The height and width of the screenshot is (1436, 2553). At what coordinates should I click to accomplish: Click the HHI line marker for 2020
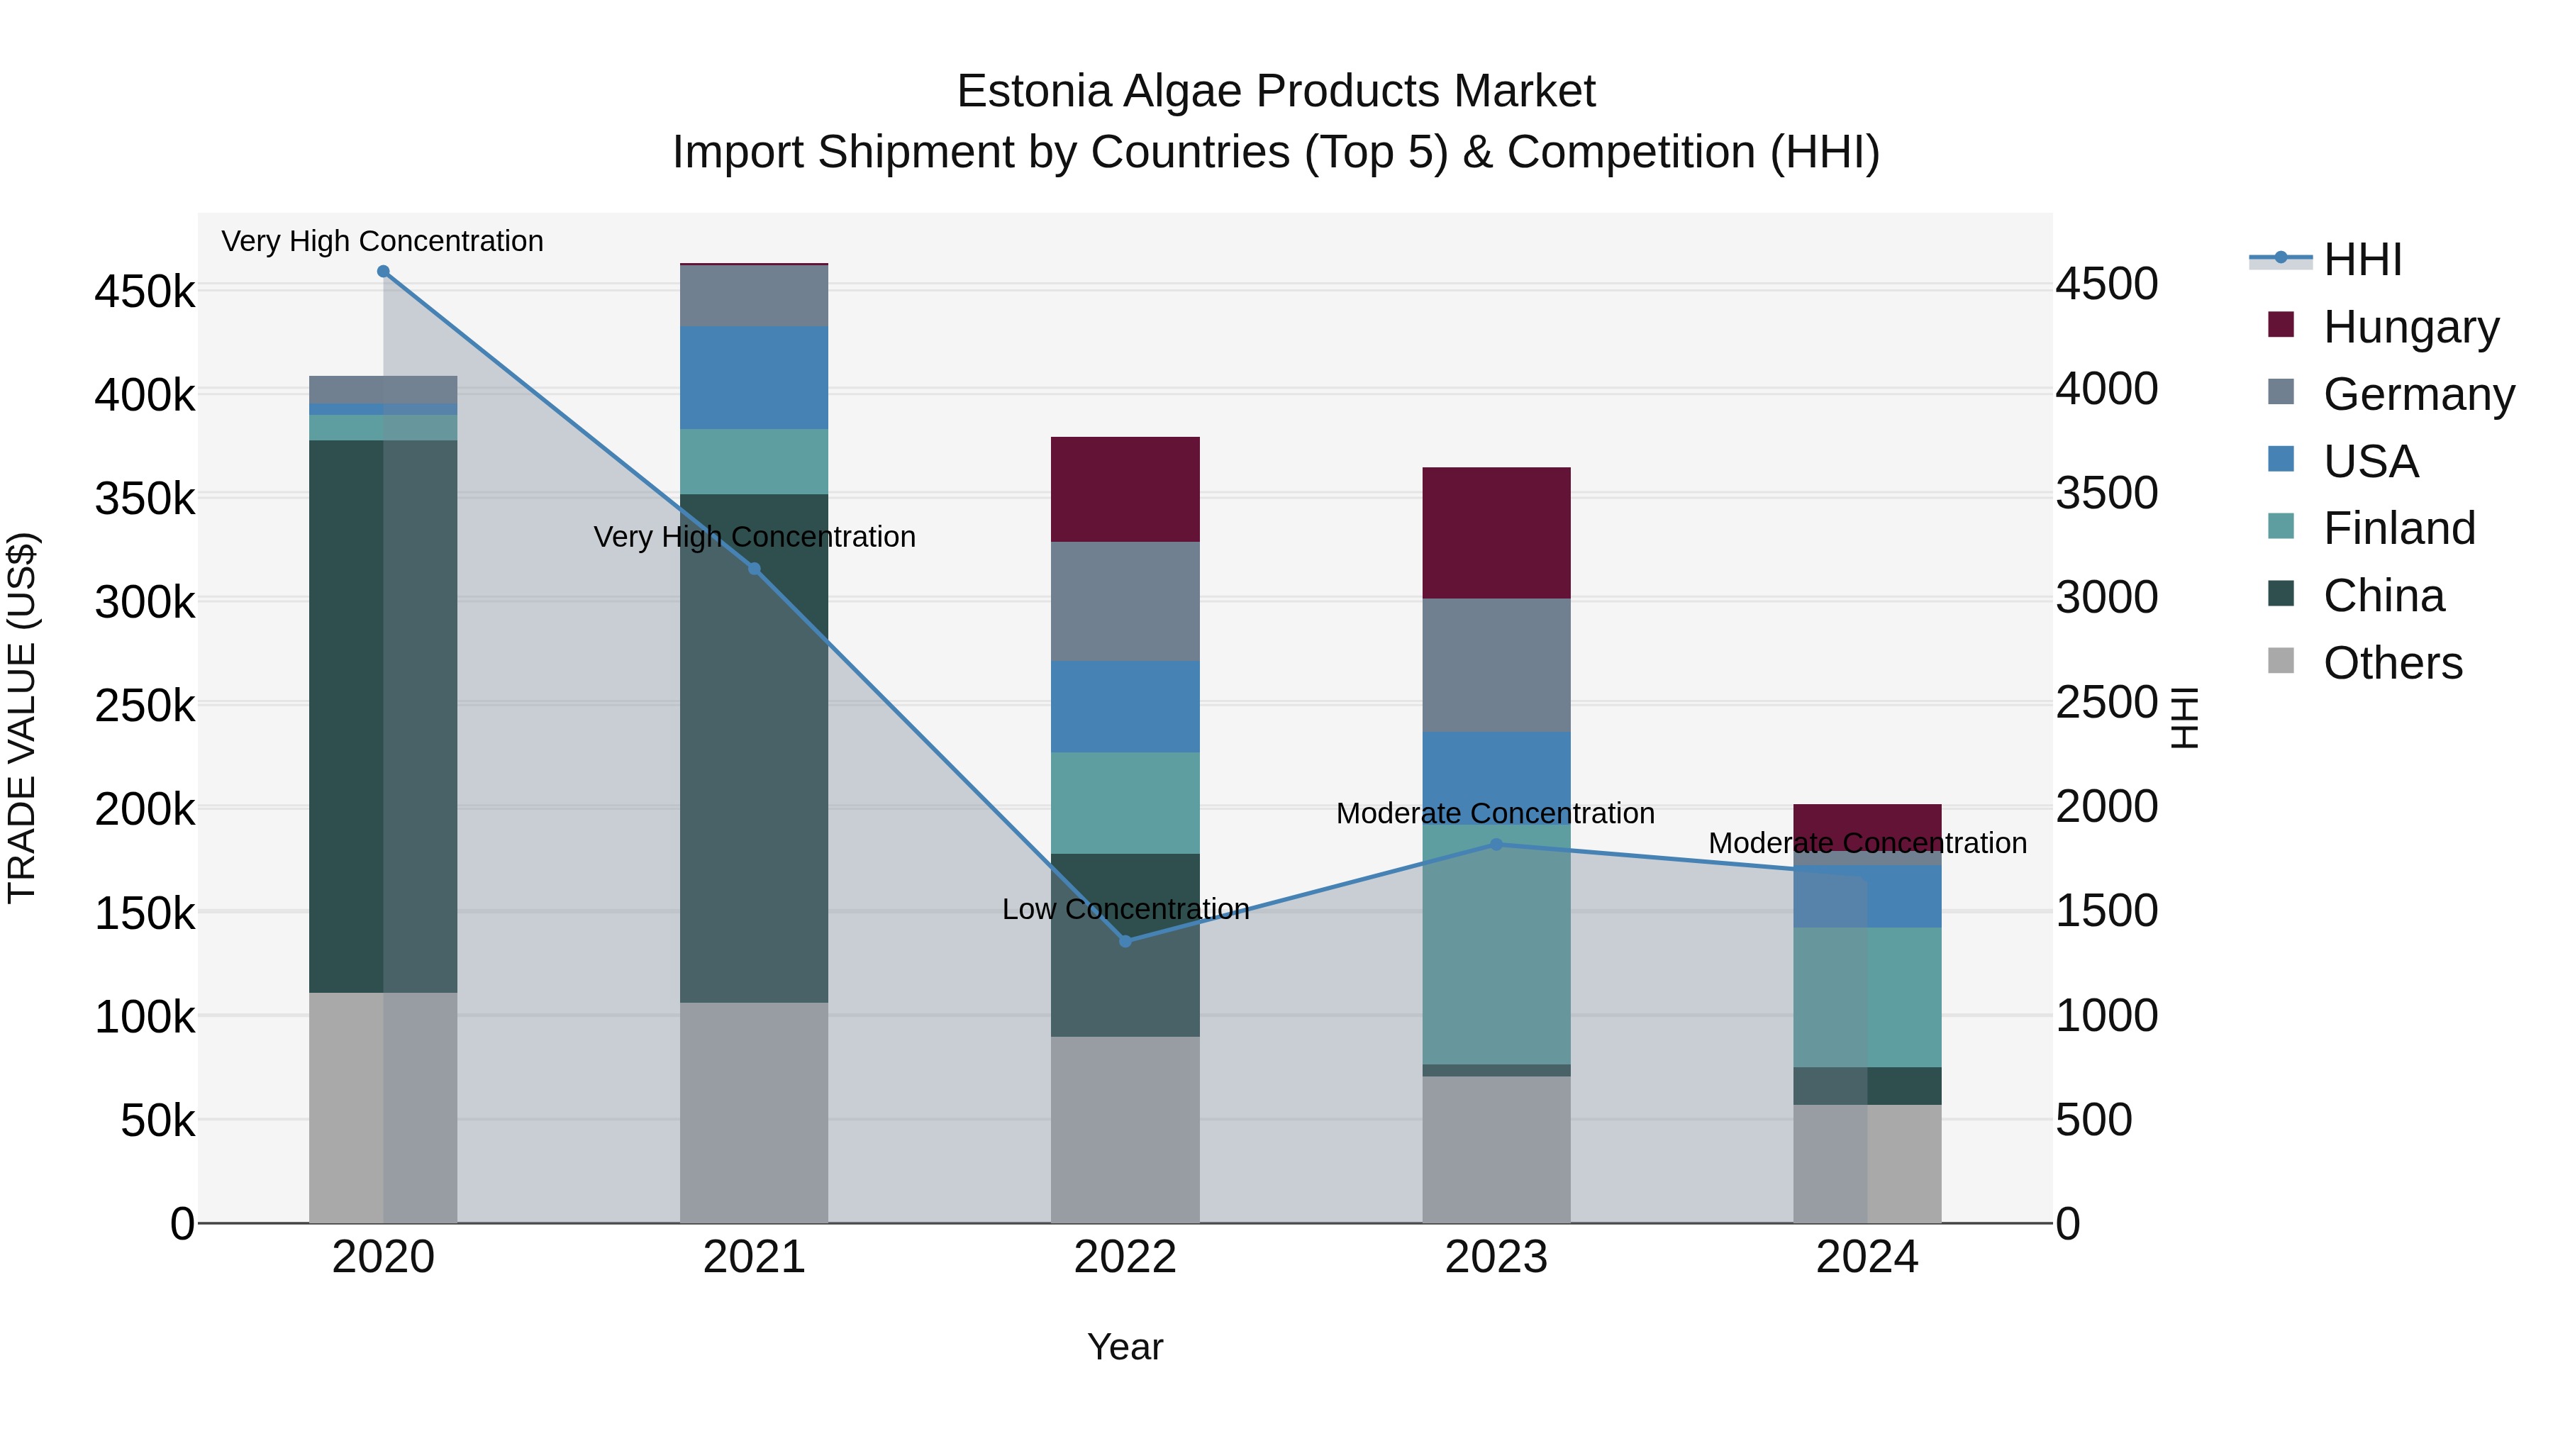coord(384,272)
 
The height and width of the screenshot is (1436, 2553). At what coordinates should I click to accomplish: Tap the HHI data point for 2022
coord(1125,940)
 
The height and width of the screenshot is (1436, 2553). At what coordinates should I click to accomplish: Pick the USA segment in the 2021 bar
coord(755,377)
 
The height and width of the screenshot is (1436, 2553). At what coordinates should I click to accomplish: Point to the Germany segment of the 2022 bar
coord(1125,601)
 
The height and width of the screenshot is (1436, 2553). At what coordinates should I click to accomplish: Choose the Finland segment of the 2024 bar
coord(1867,997)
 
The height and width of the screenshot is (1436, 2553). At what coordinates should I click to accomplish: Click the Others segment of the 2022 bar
coord(1125,1130)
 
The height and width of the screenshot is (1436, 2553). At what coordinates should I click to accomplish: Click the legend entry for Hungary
coord(2410,327)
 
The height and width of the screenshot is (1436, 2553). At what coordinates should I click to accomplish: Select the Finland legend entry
coord(2398,528)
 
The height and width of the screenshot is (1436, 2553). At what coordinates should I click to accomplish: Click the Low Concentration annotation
coord(1125,909)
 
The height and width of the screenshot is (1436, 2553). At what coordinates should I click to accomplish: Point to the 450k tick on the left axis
coord(145,292)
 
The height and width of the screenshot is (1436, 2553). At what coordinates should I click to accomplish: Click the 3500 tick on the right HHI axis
coord(2106,493)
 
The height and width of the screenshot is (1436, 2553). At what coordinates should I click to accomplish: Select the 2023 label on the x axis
coord(1496,1257)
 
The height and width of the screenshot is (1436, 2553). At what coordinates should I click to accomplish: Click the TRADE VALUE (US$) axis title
coord(22,718)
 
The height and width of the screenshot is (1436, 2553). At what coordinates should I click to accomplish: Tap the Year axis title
coord(1125,1347)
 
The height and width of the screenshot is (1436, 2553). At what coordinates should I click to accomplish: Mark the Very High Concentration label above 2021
coord(755,536)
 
